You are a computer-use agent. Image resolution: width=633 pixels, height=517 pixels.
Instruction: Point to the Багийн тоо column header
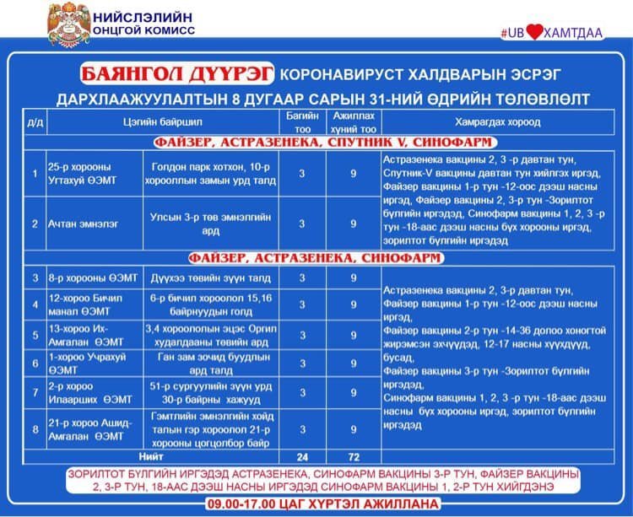[301, 121]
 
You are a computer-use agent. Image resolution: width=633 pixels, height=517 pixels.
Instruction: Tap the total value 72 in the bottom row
[353, 456]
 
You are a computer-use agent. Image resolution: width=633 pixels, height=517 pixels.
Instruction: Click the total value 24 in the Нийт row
[301, 456]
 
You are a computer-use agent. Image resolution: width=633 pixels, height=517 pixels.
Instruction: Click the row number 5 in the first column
[35, 335]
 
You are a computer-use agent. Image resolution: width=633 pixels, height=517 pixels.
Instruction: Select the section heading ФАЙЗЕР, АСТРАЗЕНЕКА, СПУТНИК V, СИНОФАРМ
[316, 143]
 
